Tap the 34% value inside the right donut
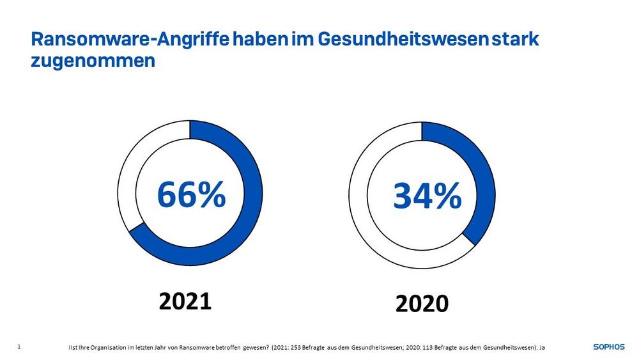pos(427,196)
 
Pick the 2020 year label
pos(422,304)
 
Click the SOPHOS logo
pos(609,347)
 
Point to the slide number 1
pos(19,347)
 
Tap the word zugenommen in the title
pos(93,63)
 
